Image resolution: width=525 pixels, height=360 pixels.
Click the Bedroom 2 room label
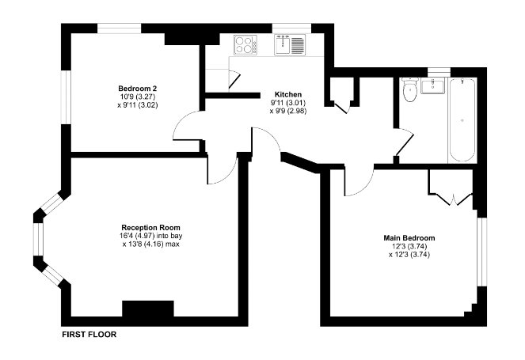(137, 89)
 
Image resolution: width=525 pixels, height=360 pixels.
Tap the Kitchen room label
(288, 94)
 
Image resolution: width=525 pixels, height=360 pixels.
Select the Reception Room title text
(150, 228)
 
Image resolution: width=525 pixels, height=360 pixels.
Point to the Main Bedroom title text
(409, 238)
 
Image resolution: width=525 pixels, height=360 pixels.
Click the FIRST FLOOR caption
(89, 335)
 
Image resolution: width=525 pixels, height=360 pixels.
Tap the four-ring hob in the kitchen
(245, 45)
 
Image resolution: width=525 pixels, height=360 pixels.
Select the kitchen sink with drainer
(290, 44)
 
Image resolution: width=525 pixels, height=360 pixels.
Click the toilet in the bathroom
(409, 89)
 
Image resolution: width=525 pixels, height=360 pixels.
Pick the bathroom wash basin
(432, 86)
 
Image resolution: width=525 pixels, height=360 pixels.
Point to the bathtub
(462, 119)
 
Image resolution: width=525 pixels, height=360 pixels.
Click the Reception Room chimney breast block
(148, 309)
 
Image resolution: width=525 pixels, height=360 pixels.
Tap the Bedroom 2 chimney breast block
(192, 39)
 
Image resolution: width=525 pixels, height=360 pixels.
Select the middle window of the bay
(38, 240)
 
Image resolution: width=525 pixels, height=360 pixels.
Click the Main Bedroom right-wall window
(481, 252)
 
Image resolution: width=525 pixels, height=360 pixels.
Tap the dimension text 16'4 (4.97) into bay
(150, 236)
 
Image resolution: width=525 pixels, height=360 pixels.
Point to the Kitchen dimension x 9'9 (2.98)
(288, 111)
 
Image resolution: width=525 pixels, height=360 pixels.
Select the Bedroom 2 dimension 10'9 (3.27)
(137, 97)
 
